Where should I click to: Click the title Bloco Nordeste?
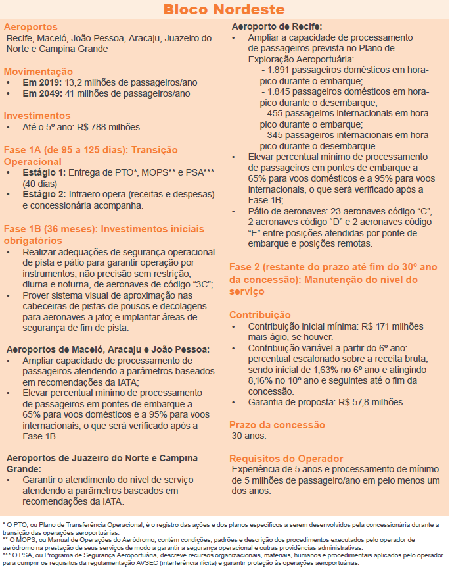point(224,10)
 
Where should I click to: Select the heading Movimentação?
point(38,71)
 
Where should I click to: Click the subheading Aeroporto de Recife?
point(277,27)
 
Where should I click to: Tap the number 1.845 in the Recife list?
point(277,92)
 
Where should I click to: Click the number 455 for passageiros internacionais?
point(273,113)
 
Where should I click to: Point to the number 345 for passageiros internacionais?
point(273,135)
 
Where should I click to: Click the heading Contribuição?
point(259,315)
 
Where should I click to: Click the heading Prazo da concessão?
point(277,425)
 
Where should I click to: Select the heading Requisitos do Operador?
point(286,458)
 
